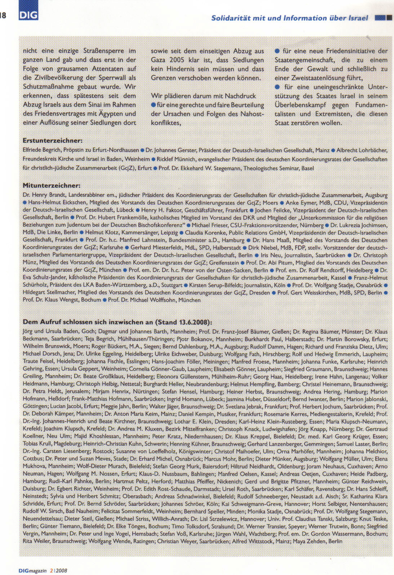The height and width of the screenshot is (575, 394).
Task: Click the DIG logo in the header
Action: [x=28, y=14]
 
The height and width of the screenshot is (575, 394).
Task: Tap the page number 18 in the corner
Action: [x=3, y=15]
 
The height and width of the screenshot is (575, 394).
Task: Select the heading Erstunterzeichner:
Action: [x=53, y=141]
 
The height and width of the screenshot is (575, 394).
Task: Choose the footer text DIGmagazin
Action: [x=33, y=571]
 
